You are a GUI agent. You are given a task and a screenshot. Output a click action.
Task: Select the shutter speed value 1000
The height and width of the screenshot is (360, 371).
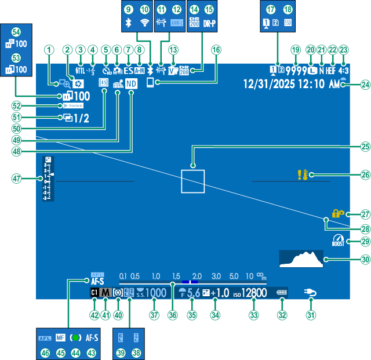pos(155,293)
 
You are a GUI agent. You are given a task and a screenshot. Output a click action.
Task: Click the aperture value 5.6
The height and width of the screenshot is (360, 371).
pos(193,293)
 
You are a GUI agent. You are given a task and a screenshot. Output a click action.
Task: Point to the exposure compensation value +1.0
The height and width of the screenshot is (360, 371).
pos(223,293)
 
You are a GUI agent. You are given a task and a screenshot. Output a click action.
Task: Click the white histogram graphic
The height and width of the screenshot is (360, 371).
pos(301,259)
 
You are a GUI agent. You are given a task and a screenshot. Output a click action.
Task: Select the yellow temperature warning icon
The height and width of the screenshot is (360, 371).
pos(303,174)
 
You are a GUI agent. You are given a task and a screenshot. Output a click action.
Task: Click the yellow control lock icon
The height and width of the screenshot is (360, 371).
pos(338,214)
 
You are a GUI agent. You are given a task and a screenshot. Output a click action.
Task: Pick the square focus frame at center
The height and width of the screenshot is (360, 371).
pos(192,181)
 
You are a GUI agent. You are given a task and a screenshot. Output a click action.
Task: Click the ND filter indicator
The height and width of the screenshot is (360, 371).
pos(132,83)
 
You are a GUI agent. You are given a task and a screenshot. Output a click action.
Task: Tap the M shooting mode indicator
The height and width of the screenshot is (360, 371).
pos(106,293)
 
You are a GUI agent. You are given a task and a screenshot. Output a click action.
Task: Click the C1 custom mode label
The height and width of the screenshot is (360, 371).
pos(94,293)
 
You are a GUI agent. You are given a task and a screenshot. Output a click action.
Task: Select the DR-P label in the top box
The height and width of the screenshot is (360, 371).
pos(210,23)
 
